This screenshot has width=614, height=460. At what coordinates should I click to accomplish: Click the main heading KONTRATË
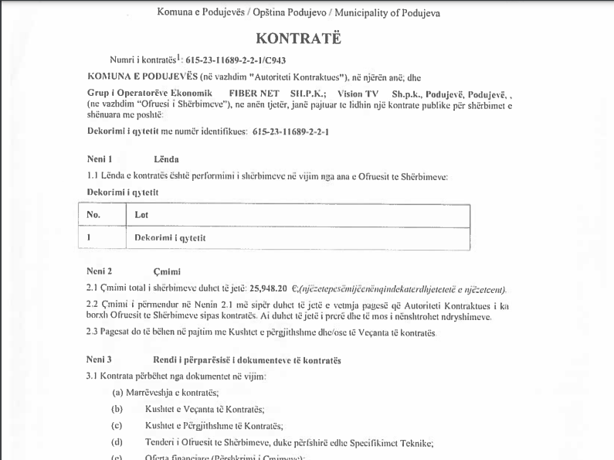tap(298, 38)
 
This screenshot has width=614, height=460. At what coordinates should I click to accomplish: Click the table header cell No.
tap(93, 215)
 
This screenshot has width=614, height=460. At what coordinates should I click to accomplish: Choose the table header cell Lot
tap(141, 215)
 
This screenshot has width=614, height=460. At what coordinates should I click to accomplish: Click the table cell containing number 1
tap(89, 237)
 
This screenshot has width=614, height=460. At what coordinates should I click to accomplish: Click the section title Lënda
tap(166, 158)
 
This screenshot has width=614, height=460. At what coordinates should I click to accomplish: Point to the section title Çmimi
tap(166, 271)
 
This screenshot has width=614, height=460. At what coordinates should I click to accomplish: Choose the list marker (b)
tap(117, 409)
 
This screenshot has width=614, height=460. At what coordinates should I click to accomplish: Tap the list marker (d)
tap(117, 443)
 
